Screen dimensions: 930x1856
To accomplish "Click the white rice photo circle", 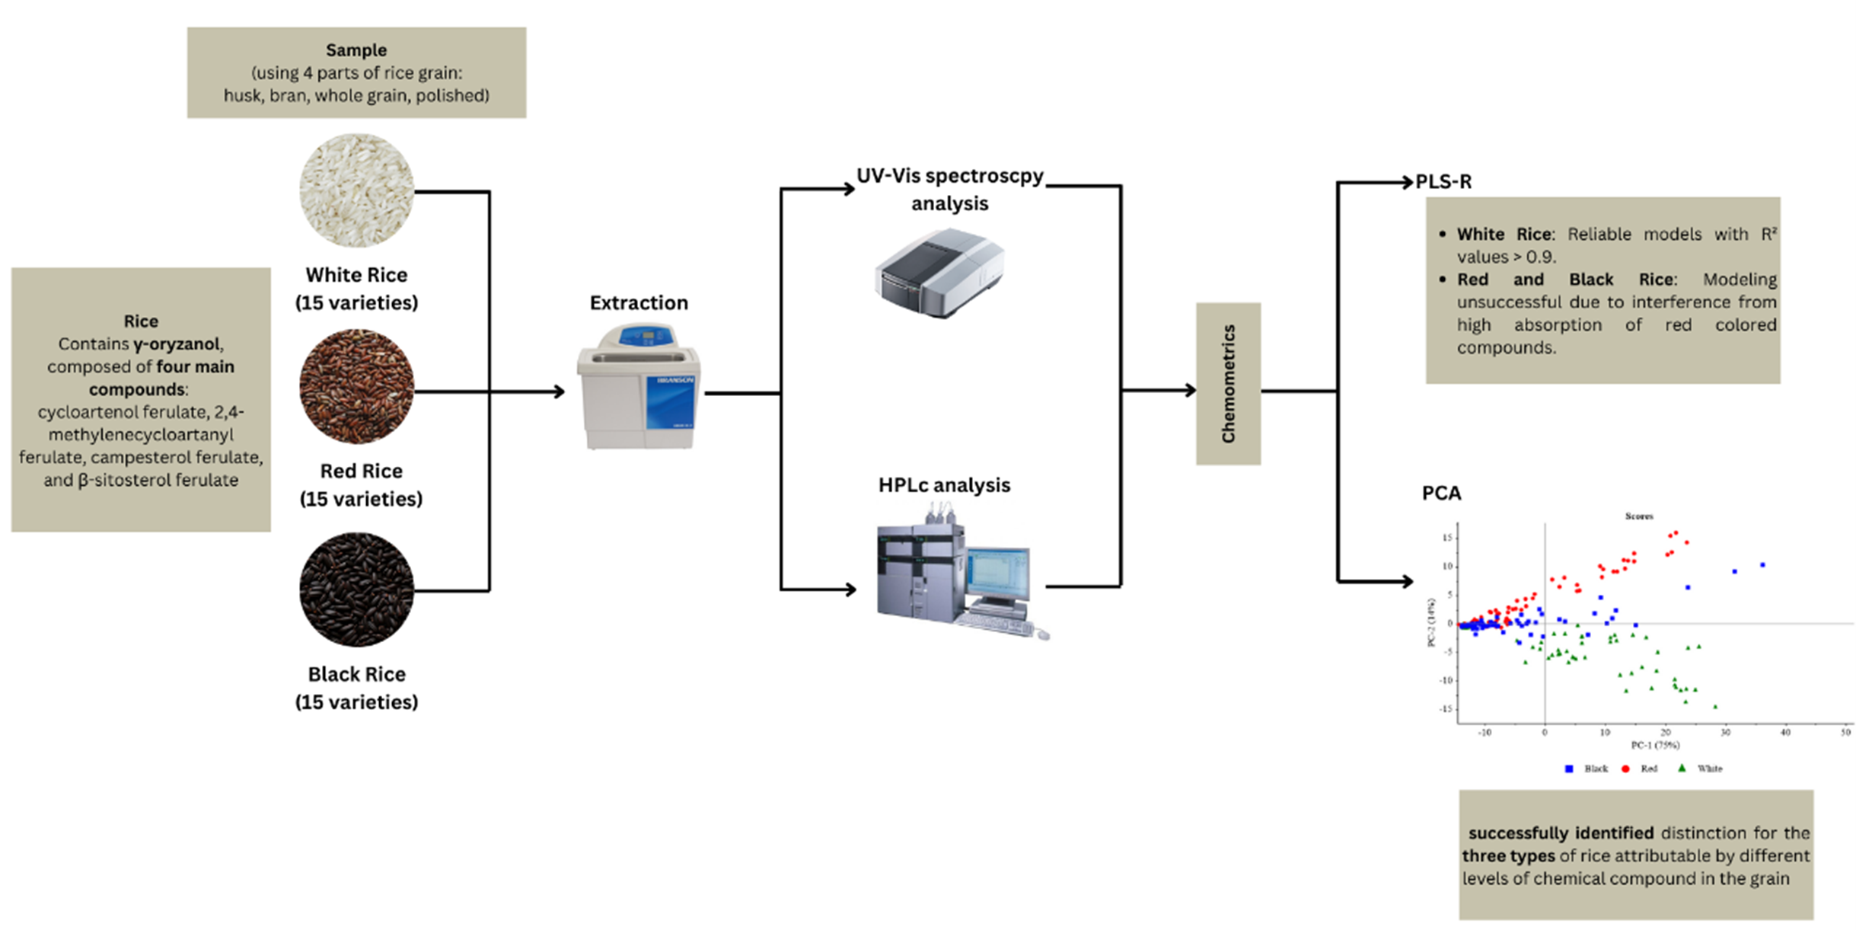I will click(x=356, y=190).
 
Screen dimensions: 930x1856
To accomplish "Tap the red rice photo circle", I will click(x=356, y=386).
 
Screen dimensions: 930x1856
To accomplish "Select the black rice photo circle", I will click(x=356, y=590).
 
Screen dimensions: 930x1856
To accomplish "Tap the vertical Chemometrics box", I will click(x=1228, y=384).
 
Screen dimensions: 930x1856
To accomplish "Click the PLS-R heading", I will click(x=1443, y=182).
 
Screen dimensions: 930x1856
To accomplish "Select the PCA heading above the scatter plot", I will click(x=1441, y=494).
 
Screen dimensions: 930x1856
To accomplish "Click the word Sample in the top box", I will click(x=356, y=50).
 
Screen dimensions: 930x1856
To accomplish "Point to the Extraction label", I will click(x=638, y=303).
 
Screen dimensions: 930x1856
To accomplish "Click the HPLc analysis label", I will click(x=944, y=485).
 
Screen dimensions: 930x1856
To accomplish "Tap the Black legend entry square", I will click(x=1568, y=769).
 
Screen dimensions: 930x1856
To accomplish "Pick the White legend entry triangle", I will click(x=1682, y=768).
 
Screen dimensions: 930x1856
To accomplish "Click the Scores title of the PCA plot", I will click(x=1639, y=516).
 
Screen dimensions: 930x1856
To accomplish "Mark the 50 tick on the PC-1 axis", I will click(x=1845, y=732).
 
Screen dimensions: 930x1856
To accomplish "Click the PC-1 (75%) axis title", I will click(x=1655, y=745).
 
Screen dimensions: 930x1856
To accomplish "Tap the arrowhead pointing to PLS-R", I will click(x=1407, y=182).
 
